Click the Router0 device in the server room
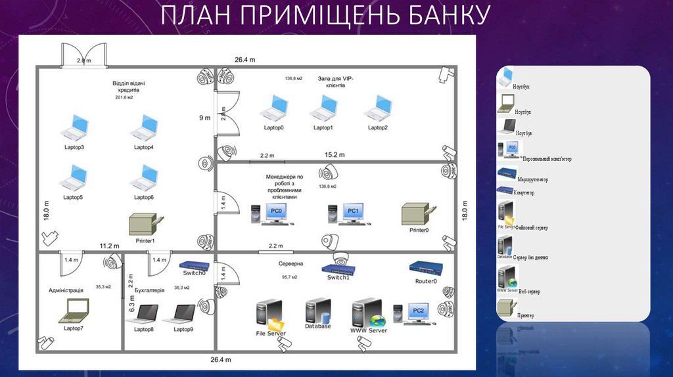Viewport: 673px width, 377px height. pos(425,268)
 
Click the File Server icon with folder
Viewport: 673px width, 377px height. pos(270,315)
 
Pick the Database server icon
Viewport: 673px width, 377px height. pos(317,311)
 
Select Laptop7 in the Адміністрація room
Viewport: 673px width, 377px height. pos(74,310)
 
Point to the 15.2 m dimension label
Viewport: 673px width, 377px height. pos(335,155)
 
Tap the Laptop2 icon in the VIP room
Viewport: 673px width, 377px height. pos(378,108)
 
